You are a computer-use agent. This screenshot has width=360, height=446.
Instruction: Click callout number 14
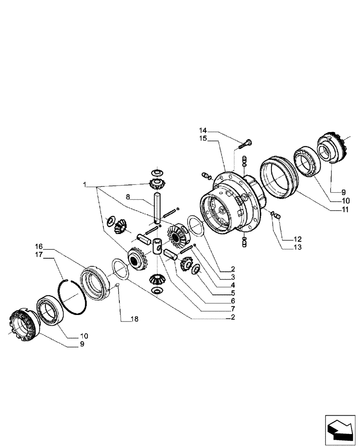click(203, 131)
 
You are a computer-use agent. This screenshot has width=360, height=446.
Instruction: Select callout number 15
click(203, 139)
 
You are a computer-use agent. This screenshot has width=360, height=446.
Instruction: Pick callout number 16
click(39, 246)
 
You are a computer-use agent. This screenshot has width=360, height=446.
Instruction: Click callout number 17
click(39, 255)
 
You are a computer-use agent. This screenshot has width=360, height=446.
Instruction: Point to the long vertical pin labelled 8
click(157, 207)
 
